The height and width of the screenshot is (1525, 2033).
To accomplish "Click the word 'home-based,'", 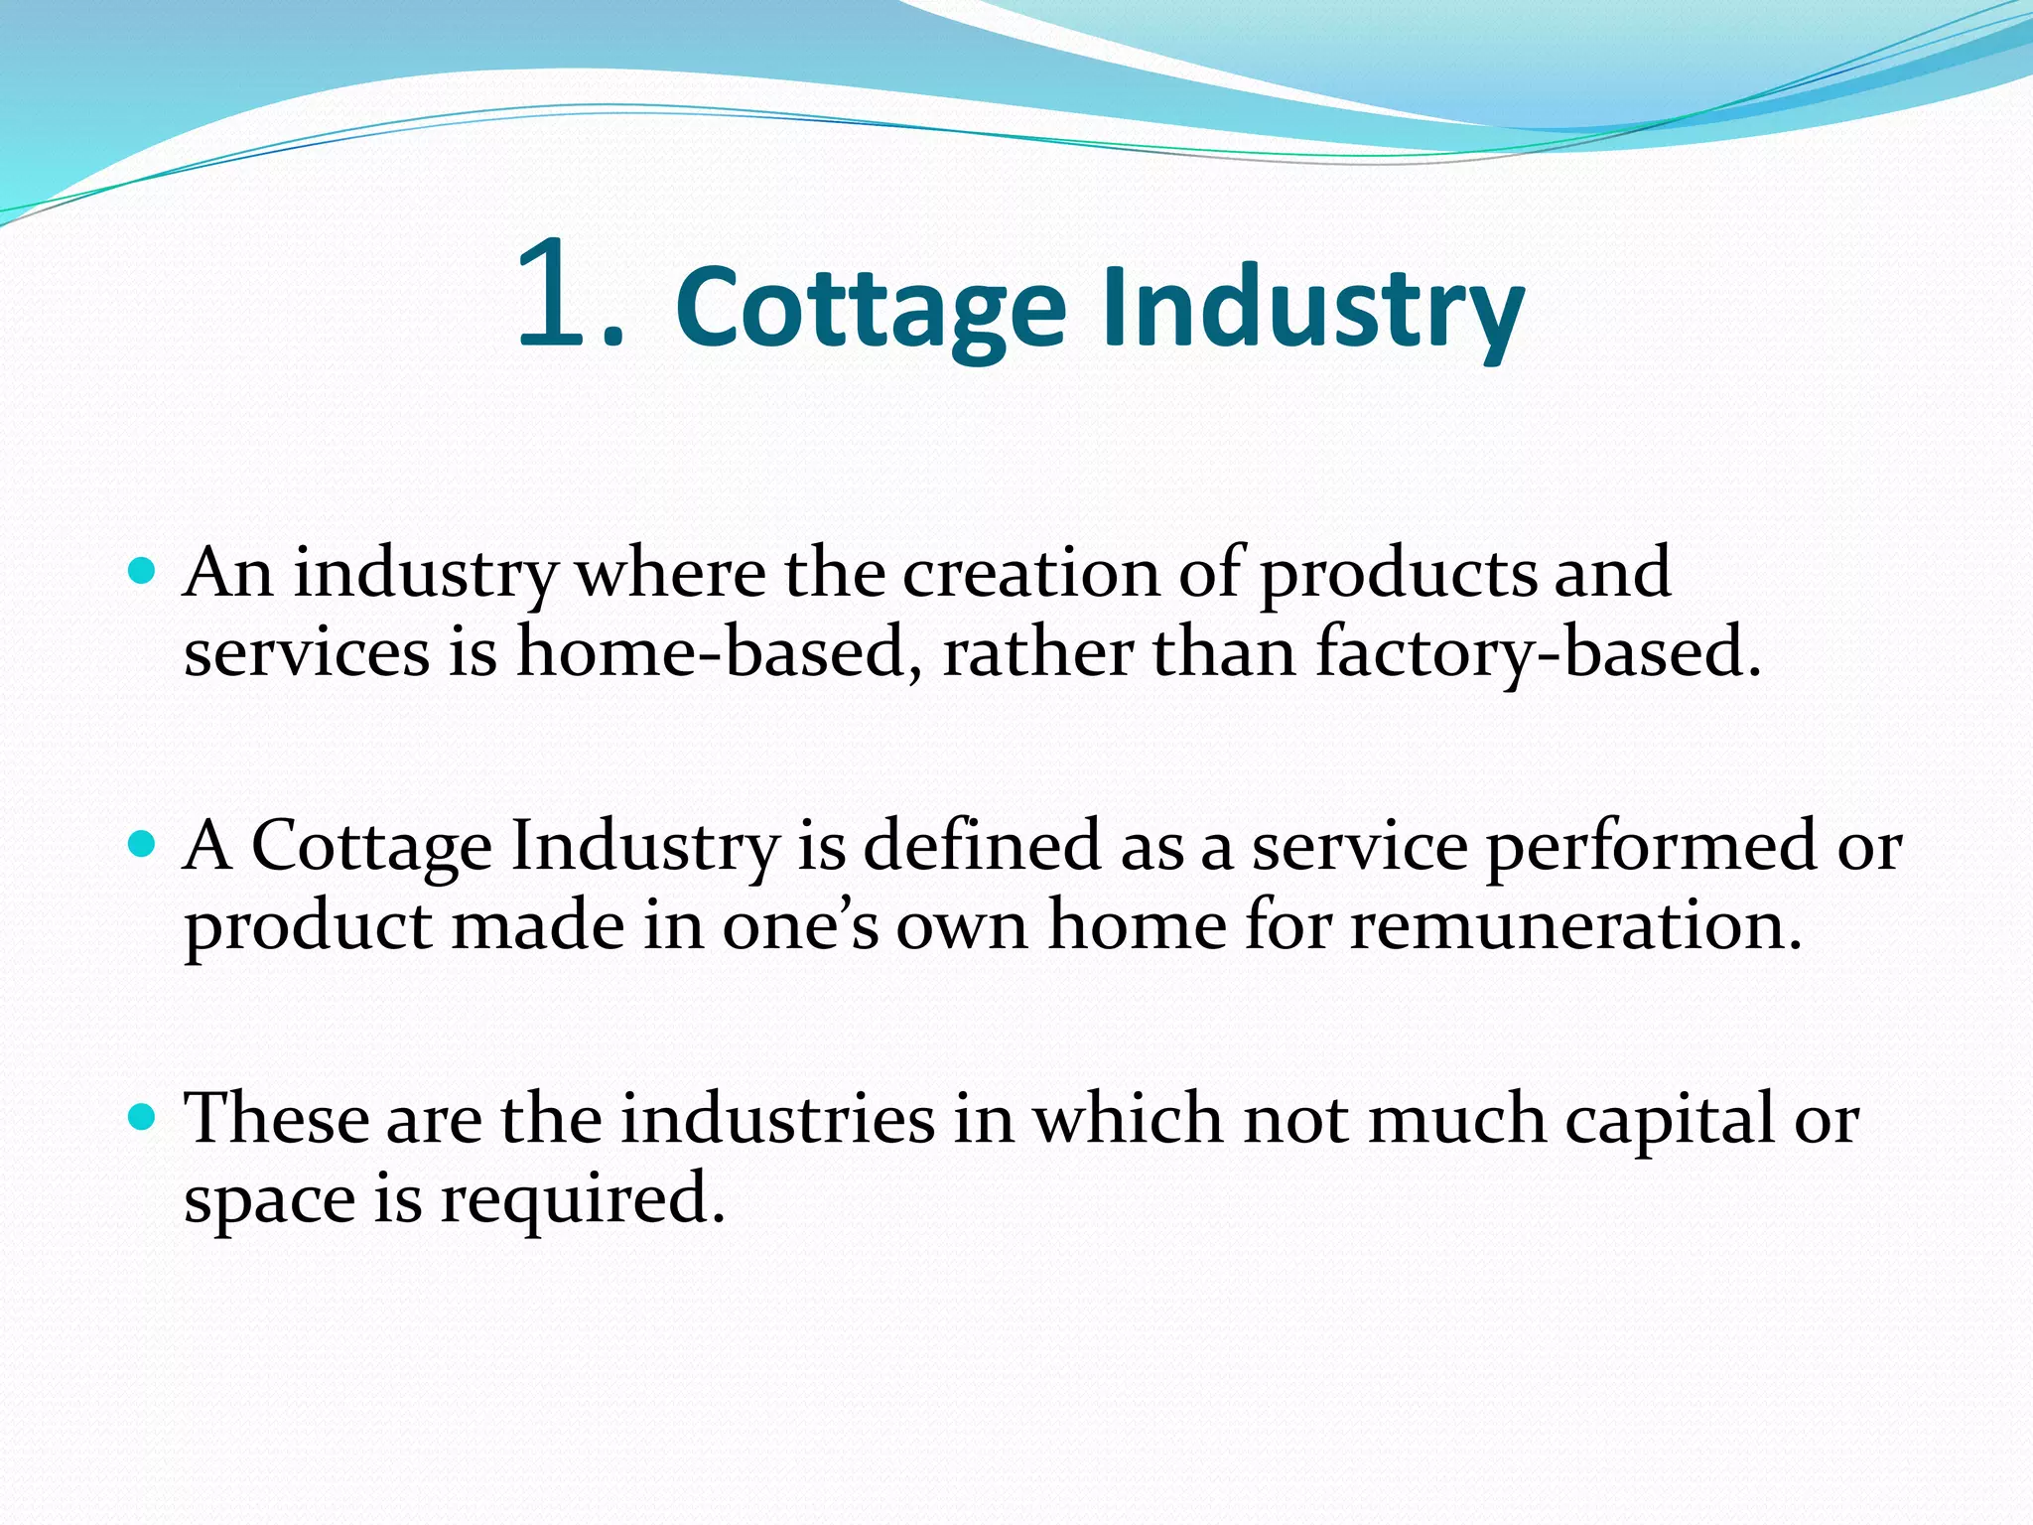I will tap(720, 652).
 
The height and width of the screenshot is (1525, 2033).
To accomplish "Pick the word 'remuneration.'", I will tap(1575, 925).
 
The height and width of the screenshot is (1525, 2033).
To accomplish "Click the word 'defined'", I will tap(983, 846).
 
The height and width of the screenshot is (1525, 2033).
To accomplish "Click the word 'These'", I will tap(277, 1119).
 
